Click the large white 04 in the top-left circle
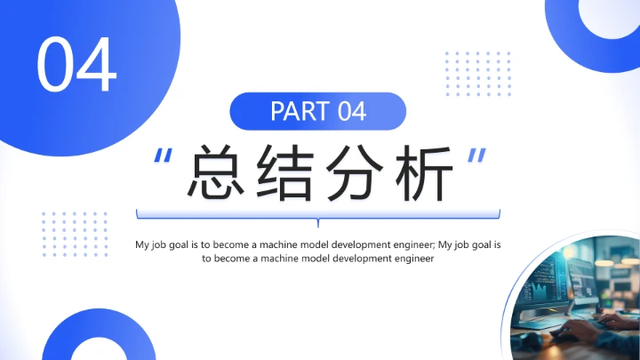point(76,65)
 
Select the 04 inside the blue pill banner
point(351,112)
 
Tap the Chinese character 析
point(420,172)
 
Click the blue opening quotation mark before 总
point(163,156)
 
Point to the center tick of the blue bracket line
point(318,221)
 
